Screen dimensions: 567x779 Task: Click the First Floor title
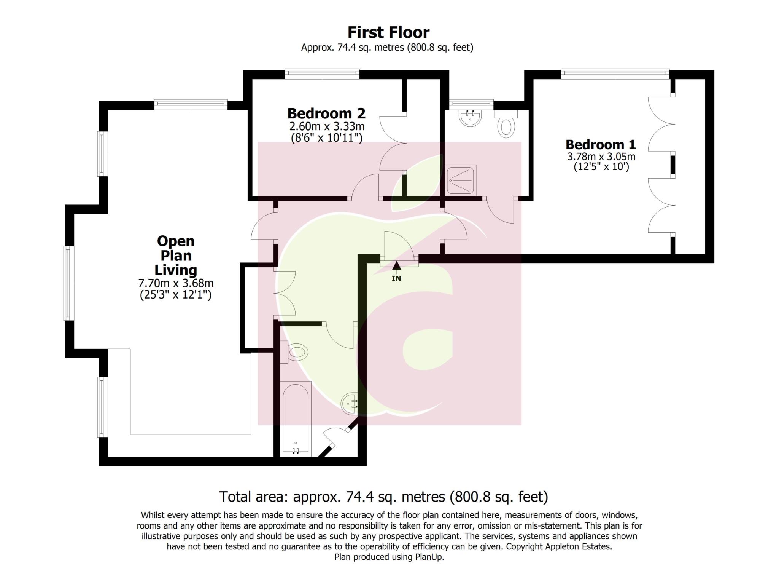(x=388, y=32)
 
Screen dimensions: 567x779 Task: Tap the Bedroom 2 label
(x=326, y=113)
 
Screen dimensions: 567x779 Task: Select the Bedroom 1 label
(x=600, y=145)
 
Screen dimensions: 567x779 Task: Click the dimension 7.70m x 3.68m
(x=175, y=283)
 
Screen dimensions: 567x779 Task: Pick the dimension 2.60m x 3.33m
(x=326, y=126)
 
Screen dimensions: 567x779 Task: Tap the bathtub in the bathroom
(x=296, y=419)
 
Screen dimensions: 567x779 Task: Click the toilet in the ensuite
(x=506, y=126)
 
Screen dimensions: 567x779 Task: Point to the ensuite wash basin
(x=471, y=118)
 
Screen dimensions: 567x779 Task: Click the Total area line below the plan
(x=383, y=497)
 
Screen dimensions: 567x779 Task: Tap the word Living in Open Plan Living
(x=175, y=270)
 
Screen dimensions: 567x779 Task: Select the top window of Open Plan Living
(x=191, y=104)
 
